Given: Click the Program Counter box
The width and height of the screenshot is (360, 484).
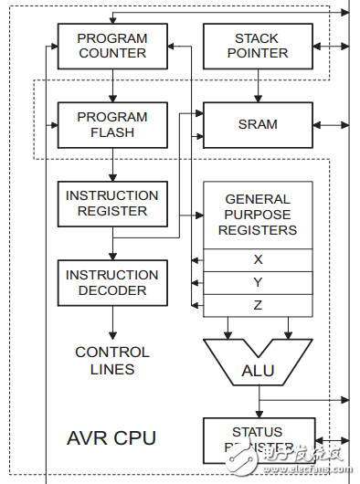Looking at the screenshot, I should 111,46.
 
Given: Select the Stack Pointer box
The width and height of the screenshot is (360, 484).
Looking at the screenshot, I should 257,46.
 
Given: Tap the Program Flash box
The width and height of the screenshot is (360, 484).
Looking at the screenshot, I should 111,124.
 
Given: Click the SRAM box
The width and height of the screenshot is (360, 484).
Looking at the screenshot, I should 257,124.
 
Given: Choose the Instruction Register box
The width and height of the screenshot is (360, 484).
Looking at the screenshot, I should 111,203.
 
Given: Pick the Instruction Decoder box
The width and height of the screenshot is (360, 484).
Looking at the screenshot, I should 111,282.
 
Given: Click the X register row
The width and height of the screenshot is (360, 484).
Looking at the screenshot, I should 258,259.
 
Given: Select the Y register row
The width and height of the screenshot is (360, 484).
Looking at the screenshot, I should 258,282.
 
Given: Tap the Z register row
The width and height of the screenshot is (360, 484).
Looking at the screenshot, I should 258,305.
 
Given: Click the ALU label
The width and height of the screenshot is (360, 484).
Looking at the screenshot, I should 258,371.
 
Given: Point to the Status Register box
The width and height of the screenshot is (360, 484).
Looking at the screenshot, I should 258,439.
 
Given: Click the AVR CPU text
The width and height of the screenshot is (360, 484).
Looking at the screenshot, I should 111,437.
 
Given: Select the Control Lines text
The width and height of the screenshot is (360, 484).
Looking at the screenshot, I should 111,361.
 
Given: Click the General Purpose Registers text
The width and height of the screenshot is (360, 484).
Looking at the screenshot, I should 258,214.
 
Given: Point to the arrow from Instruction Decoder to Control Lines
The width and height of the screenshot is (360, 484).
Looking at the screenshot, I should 112,321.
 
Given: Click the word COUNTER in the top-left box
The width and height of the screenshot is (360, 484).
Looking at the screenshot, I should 111,53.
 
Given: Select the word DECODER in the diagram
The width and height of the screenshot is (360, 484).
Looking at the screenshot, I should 111,290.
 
